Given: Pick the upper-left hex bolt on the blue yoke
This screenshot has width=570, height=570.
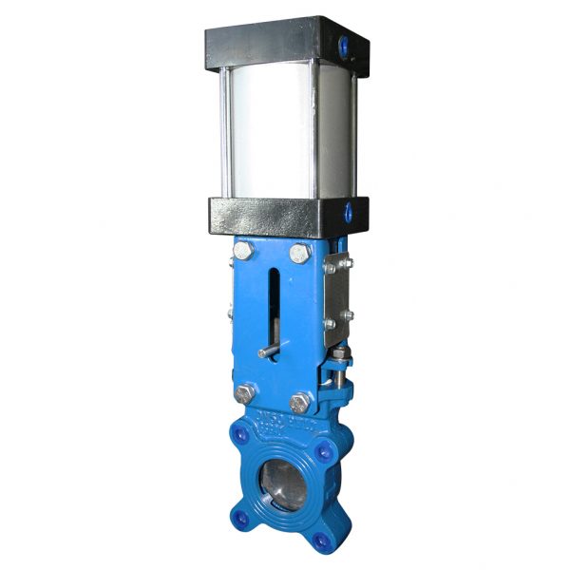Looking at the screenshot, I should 241,253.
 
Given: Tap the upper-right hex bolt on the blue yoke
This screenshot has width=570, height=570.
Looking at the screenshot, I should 300,253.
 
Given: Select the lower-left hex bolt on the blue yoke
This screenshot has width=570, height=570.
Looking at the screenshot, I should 244,394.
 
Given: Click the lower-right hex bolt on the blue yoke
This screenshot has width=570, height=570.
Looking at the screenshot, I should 301,400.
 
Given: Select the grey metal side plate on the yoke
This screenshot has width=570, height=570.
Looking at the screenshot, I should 336,294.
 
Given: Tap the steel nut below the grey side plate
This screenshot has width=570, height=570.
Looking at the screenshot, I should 339,359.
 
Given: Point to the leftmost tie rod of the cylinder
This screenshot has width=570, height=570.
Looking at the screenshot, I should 224,133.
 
